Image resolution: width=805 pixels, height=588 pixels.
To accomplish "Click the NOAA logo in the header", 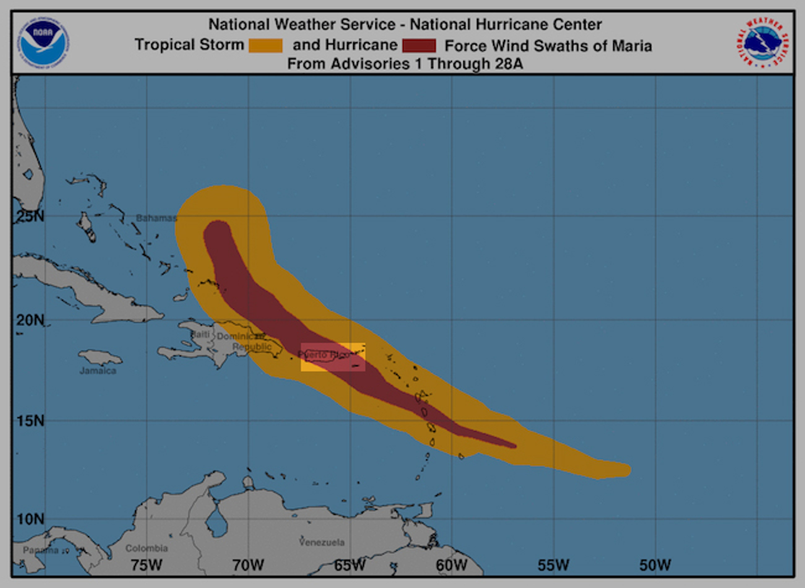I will (x=44, y=43).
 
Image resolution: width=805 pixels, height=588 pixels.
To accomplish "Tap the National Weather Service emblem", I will (x=763, y=43).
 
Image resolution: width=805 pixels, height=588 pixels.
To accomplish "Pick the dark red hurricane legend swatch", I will (x=419, y=45).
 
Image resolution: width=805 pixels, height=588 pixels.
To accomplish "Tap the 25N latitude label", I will (x=30, y=216).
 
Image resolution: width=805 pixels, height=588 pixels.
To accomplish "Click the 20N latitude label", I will (x=30, y=320).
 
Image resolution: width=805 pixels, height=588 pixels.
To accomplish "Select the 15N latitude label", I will (x=30, y=421).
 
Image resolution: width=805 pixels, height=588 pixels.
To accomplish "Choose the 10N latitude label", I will (x=30, y=519).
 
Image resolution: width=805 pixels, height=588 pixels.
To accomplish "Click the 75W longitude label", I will (x=146, y=565).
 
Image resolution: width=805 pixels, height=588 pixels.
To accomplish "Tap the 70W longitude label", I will (x=248, y=565).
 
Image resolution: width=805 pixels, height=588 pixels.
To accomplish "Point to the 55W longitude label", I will (x=553, y=565).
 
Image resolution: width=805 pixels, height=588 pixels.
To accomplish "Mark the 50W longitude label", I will (x=655, y=565).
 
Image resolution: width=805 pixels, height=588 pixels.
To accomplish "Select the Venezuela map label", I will (x=322, y=543).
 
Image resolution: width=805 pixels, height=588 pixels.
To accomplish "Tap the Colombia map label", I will (x=146, y=548).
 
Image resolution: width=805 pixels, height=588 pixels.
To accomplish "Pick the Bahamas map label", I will (x=156, y=218).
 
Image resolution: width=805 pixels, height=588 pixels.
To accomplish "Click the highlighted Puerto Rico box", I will (x=333, y=357).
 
